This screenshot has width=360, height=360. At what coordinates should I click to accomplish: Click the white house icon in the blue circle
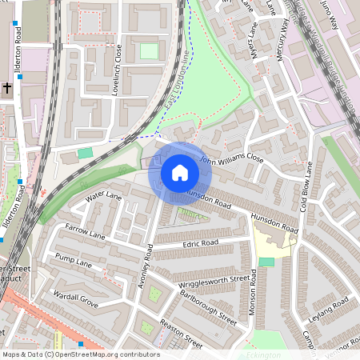pyautogui.click(x=180, y=173)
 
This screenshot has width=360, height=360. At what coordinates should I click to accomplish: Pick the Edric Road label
pyautogui.click(x=200, y=242)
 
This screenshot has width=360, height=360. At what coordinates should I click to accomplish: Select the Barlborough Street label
pyautogui.click(x=209, y=306)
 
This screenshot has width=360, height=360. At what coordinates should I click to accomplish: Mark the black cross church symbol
pyautogui.click(x=6, y=86)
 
